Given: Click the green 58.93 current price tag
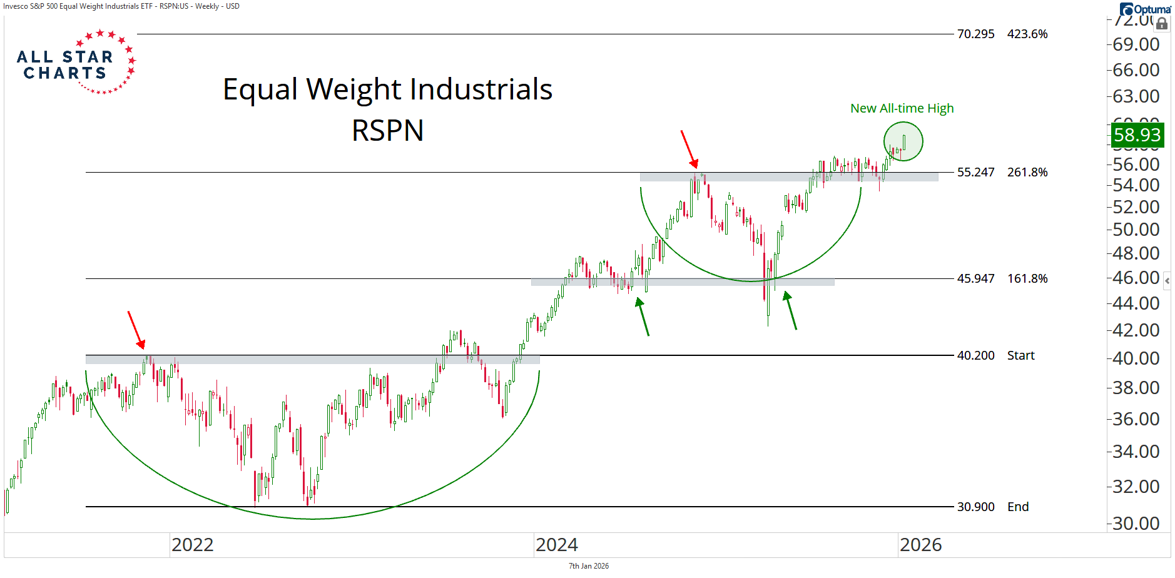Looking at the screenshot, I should [x=1137, y=134].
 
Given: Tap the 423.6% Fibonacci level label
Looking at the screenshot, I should [x=1027, y=34].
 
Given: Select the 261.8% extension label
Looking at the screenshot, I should [x=1027, y=172].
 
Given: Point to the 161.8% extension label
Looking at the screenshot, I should [x=1027, y=278].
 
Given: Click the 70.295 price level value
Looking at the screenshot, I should [x=975, y=34].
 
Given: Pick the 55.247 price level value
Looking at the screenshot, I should [x=975, y=172].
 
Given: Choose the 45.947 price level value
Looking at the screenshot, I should [x=975, y=278].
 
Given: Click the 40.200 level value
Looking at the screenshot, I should [x=975, y=355].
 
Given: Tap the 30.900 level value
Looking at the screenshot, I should [x=975, y=507].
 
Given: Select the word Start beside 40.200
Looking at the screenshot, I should [x=1020, y=355].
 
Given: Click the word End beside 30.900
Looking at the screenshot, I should [x=1018, y=507].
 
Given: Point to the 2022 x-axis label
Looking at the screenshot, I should [x=193, y=545].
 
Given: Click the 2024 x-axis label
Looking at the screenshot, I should [x=557, y=545].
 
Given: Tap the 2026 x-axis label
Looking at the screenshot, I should [x=921, y=545].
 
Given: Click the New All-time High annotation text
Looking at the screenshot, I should [x=902, y=108].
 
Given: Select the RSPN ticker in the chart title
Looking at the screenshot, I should [x=387, y=131].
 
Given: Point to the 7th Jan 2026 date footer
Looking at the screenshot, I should [x=588, y=566].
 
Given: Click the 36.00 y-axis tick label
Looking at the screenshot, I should [x=1136, y=418].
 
